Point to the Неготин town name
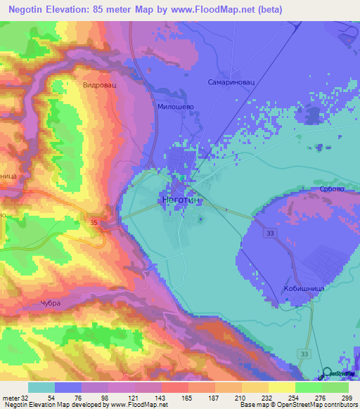pos(181,200)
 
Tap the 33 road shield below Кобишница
pos(303,353)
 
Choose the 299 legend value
pos(337,398)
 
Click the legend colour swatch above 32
pos(41,388)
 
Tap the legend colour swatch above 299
pos(336,388)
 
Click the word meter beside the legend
pos(10,398)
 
